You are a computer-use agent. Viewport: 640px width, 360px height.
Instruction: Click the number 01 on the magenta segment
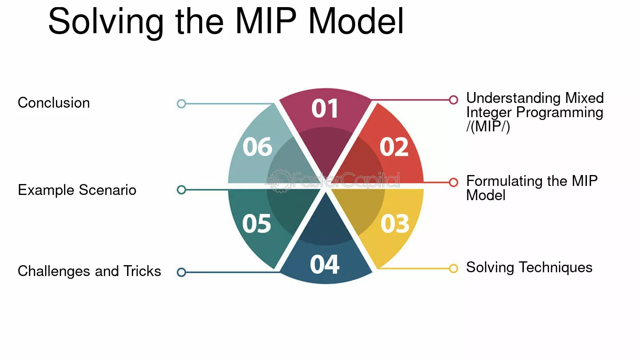[325, 109]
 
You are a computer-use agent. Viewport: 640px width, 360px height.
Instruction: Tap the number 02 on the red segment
[394, 147]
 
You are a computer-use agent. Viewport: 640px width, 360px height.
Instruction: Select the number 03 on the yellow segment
[395, 223]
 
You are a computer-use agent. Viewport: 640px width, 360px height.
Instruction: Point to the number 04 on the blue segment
[325, 265]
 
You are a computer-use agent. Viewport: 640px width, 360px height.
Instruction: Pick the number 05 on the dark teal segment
[256, 223]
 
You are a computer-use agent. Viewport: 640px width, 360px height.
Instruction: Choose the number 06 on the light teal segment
[257, 147]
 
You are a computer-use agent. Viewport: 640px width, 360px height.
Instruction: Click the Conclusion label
[54, 102]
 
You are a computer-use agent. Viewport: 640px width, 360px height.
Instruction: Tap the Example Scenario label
[77, 190]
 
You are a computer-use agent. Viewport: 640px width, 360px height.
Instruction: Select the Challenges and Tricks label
[89, 271]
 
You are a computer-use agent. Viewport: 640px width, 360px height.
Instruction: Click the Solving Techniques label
[529, 268]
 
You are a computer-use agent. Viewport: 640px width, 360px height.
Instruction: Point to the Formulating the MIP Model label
[532, 188]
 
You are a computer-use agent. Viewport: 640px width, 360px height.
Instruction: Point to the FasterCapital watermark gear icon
[279, 181]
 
